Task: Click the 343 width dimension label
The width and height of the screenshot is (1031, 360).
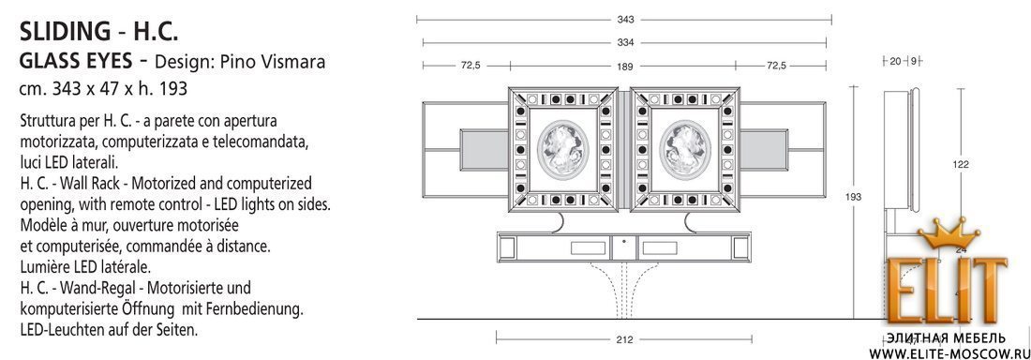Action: coord(625,20)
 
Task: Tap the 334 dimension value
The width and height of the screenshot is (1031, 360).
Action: coord(625,43)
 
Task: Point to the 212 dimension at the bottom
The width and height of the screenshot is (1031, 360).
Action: coord(624,339)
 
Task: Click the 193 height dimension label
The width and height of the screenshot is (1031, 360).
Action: coord(854,197)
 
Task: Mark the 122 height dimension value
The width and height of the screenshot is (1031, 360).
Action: coord(962,165)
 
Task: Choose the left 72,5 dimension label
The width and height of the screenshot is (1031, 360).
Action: coord(471,66)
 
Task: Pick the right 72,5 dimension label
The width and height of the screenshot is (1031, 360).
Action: coord(776,66)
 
